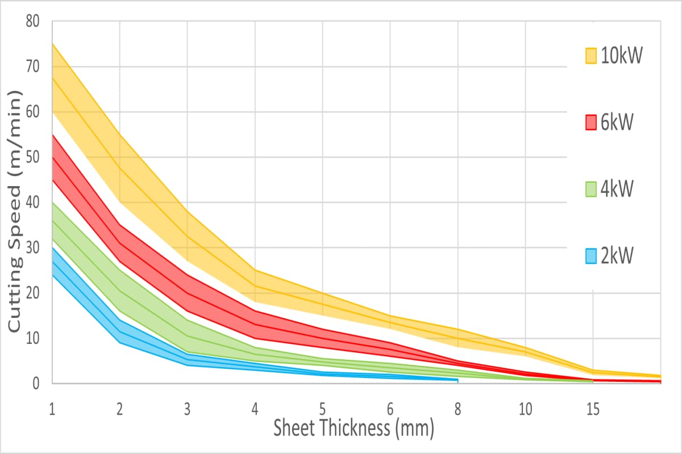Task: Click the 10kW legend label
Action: coord(622,56)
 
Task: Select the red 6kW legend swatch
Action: coord(590,122)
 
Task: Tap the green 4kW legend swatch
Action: coord(590,188)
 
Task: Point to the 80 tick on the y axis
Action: coord(32,21)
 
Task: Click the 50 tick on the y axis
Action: coord(32,157)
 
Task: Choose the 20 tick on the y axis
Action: coord(32,293)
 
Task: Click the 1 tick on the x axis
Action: coord(52,407)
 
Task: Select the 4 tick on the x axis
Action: coord(255,407)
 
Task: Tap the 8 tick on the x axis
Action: coord(458,407)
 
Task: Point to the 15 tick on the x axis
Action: coord(593,407)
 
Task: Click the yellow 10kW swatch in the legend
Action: coord(590,56)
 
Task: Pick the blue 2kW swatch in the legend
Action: coord(590,256)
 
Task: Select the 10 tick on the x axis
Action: coord(525,407)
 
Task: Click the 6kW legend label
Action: coord(617,122)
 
